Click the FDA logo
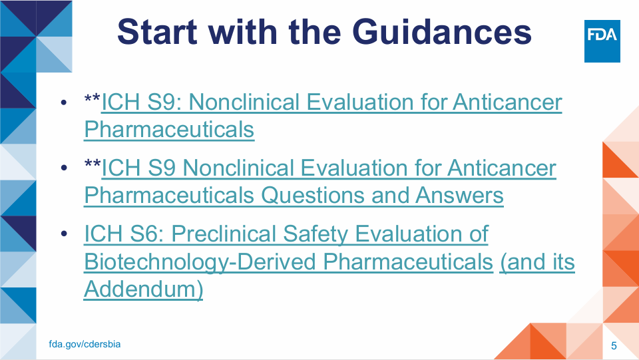(602, 41)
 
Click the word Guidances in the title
(442, 32)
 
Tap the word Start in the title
(157, 32)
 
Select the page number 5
(614, 346)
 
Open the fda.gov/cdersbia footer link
(85, 344)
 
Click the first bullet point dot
(64, 102)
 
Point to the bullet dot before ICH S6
(64, 234)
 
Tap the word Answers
(460, 196)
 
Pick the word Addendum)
(144, 289)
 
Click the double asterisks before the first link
(93, 98)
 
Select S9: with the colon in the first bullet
(164, 102)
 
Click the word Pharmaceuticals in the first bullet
(169, 130)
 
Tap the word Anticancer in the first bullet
(507, 102)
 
